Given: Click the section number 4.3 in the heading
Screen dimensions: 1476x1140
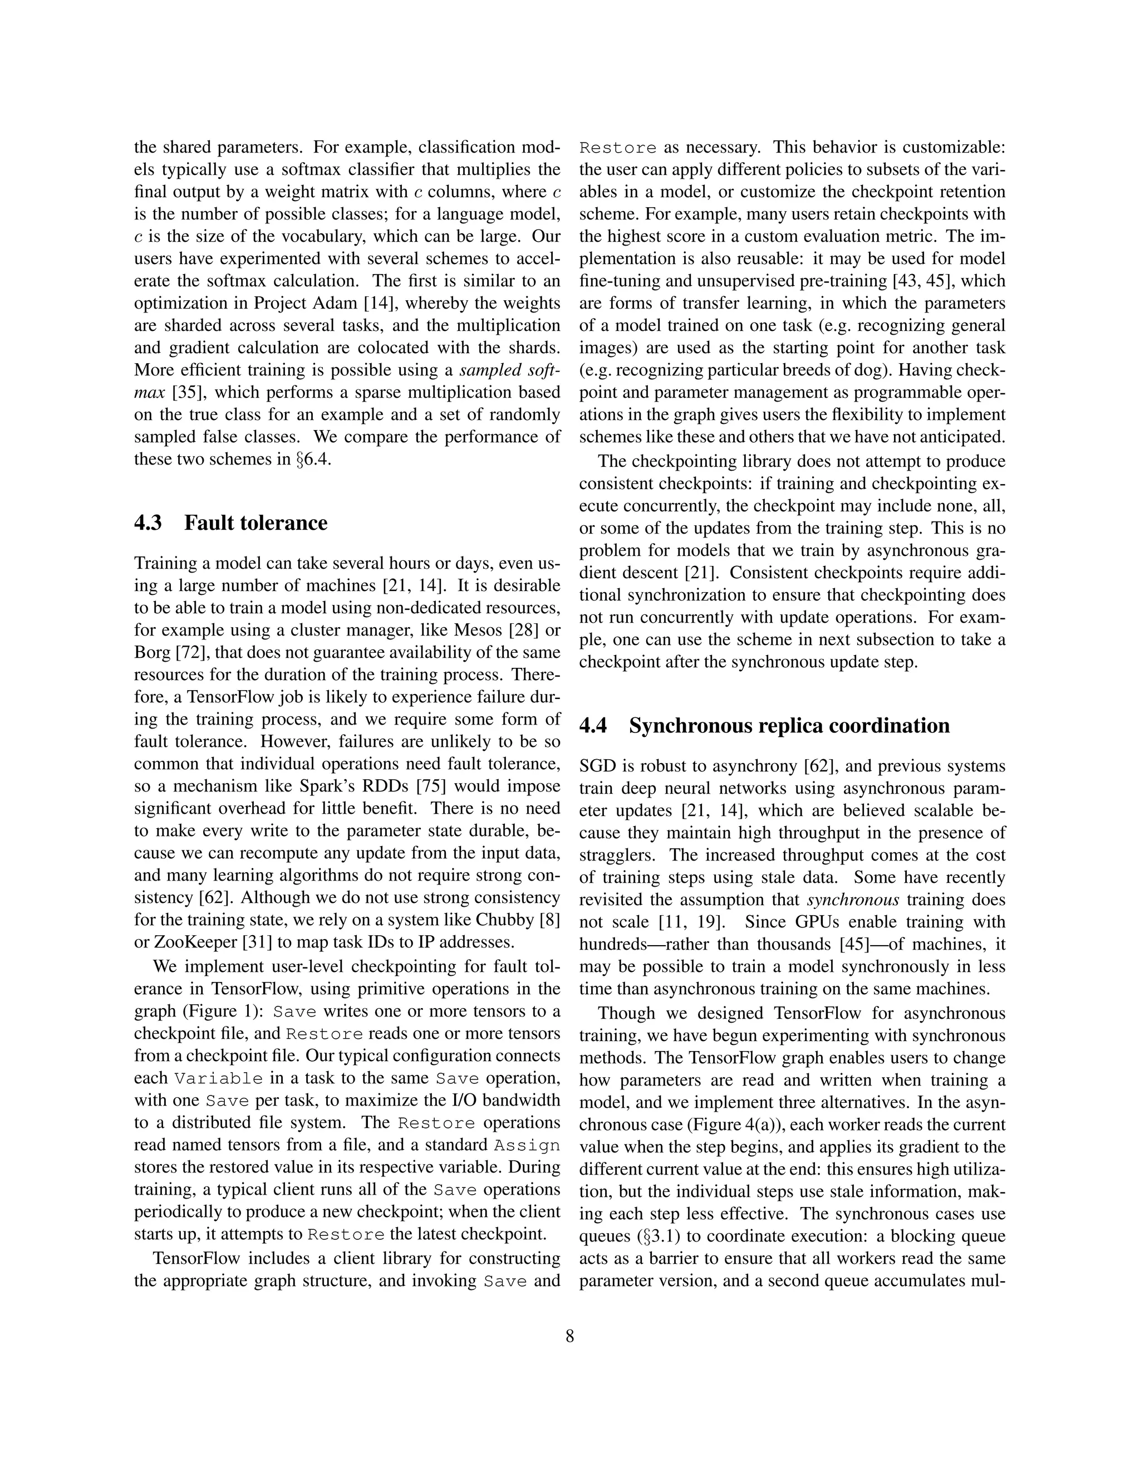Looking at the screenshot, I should (x=148, y=523).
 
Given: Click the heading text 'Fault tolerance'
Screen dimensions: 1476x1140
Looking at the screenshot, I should (x=255, y=523).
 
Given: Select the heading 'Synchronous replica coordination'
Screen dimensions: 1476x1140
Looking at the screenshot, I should (x=789, y=726).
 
